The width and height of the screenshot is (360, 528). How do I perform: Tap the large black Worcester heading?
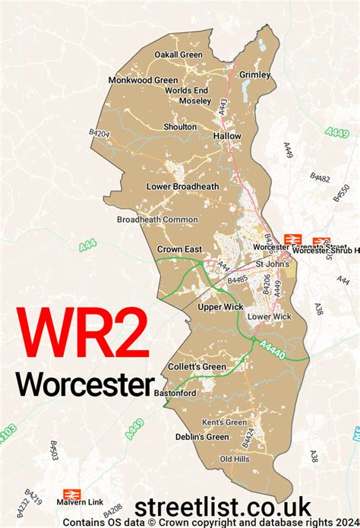tap(84, 384)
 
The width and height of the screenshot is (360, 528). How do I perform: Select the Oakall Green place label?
tap(178, 55)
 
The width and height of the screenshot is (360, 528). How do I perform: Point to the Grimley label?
tap(254, 75)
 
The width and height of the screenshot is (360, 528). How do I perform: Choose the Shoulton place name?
tap(180, 127)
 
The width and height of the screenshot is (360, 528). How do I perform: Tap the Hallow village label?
tap(227, 136)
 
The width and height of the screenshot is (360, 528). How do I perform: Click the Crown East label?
tap(179, 249)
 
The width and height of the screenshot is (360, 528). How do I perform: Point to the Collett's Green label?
tap(197, 367)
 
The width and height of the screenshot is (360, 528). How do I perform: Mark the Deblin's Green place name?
tap(197, 437)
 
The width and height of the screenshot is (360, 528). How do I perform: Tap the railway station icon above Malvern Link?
tap(72, 493)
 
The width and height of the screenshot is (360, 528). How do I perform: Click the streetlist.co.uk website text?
tap(223, 506)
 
